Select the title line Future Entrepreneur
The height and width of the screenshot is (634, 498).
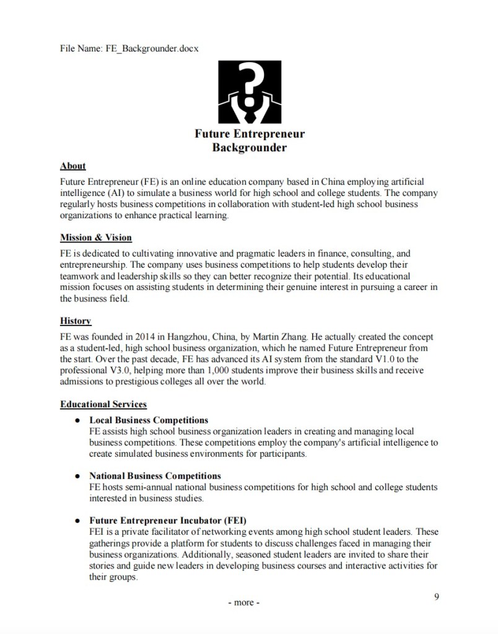point(250,134)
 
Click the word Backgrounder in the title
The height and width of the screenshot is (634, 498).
point(250,147)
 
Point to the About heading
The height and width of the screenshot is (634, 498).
point(72,166)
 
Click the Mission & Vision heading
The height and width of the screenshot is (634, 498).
point(95,237)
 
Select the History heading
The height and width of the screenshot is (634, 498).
point(76,321)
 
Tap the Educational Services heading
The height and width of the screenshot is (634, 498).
point(103,405)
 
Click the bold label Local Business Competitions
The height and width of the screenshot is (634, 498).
point(149,420)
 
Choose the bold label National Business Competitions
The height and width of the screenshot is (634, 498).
point(155,476)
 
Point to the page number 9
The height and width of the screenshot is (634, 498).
point(437,597)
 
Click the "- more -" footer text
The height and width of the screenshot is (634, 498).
point(244,602)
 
